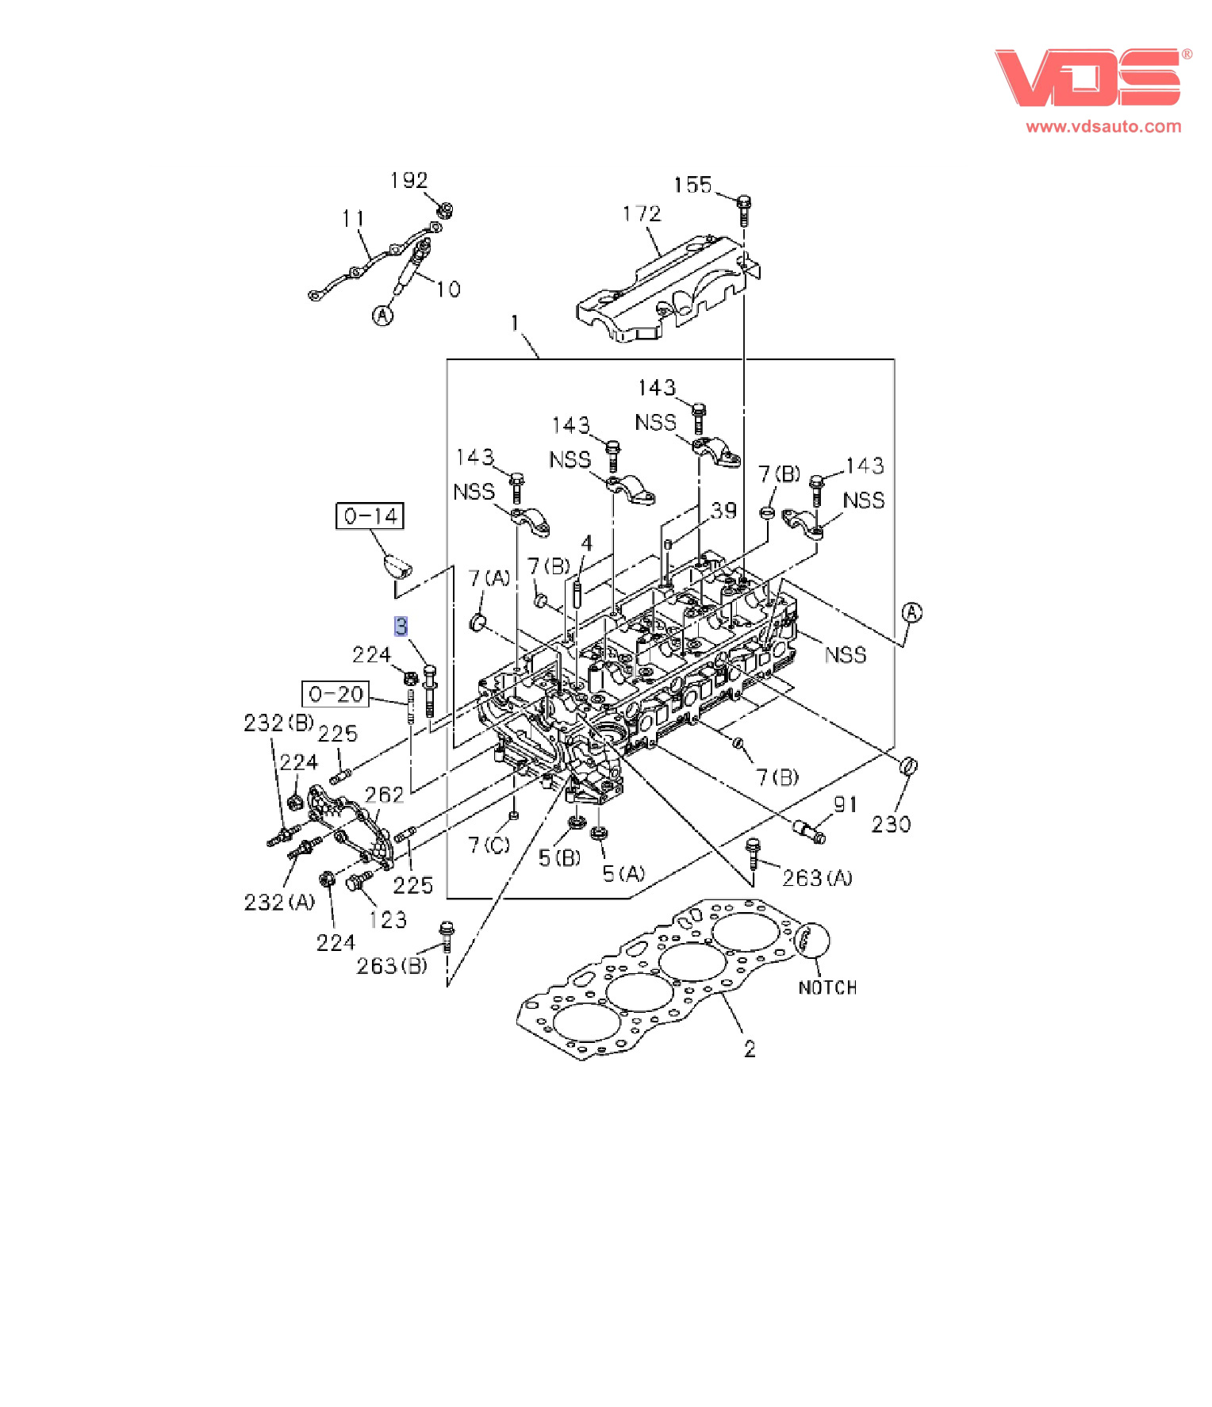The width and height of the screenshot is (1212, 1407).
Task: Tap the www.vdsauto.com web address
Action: pos(1103,126)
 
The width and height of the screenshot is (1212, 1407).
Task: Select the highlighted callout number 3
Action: pos(401,626)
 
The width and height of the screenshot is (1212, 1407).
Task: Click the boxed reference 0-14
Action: pos(370,516)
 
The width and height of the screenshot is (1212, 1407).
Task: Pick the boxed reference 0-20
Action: pos(336,694)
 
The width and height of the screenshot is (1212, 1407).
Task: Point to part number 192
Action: pos(408,181)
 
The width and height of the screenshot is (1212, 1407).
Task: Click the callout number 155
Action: pos(692,185)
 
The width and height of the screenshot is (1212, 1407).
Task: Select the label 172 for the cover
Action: pos(641,213)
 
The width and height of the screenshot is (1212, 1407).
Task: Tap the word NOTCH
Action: pos(827,987)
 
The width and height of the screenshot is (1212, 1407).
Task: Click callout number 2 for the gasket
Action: pos(750,1049)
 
